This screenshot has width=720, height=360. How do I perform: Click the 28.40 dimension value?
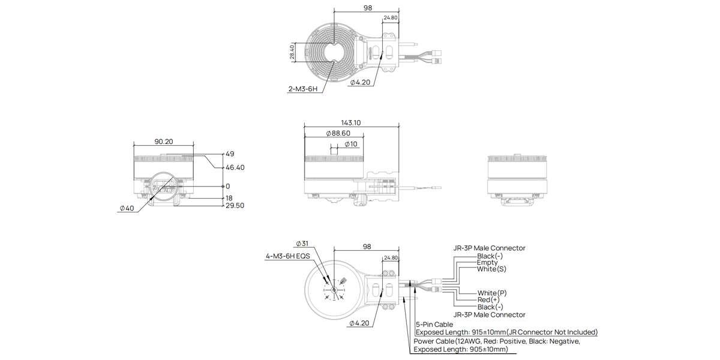(292, 52)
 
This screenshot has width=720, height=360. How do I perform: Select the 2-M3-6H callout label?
(302, 89)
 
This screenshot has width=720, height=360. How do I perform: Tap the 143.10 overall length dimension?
(351, 122)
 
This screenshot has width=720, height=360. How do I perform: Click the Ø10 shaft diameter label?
(351, 144)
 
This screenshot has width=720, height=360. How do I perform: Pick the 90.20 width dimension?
(164, 142)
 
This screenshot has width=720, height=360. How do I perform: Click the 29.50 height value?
(235, 206)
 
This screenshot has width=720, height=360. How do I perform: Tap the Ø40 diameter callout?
(127, 208)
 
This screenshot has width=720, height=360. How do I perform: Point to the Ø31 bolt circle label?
(302, 244)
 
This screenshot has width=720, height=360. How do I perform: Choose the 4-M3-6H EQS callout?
(288, 256)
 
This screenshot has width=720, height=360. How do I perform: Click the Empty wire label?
(487, 262)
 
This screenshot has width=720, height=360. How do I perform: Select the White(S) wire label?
(491, 269)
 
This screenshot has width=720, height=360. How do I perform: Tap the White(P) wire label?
(492, 293)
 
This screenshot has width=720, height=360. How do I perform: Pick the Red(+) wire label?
(488, 299)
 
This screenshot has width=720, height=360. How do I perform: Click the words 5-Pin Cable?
(434, 325)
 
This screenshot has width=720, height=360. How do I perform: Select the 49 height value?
(230, 154)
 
